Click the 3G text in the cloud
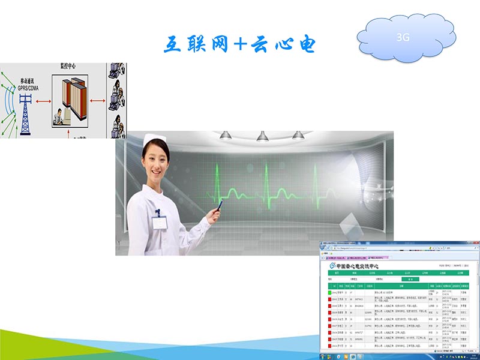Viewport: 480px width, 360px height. pos(403,37)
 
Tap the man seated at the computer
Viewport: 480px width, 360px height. pos(58,116)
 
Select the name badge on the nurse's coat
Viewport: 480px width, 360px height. pos(159,221)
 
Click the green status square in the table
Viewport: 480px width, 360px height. pos(329,292)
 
